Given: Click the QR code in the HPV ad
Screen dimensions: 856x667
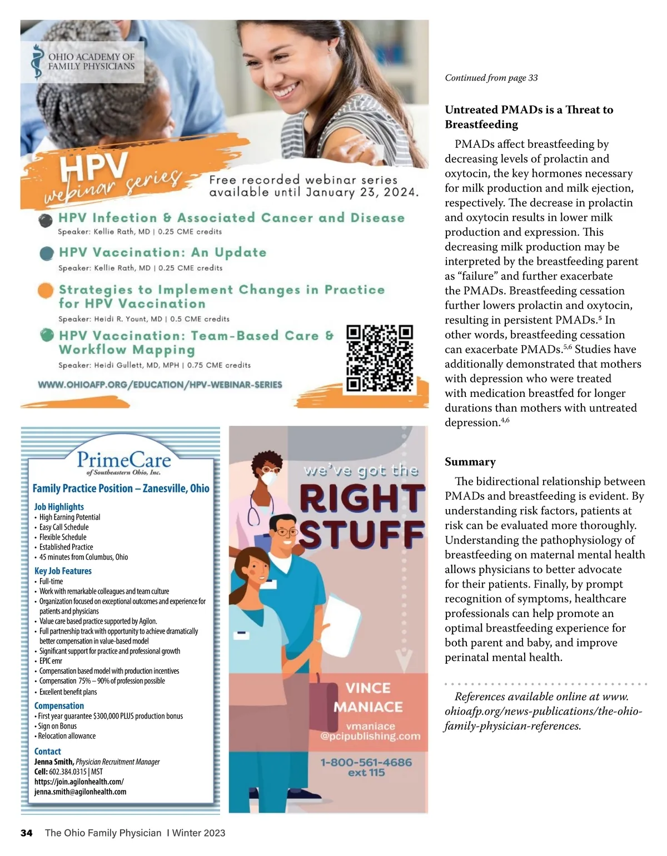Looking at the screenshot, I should (380, 359).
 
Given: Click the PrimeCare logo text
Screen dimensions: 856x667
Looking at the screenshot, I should (123, 461).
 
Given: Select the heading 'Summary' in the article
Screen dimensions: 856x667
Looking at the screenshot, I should (470, 462).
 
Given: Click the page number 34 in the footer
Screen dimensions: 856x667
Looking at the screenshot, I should (27, 833).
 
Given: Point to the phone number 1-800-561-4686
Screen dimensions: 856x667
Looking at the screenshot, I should (366, 762).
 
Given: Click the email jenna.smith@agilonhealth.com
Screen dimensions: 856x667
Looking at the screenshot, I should (80, 792).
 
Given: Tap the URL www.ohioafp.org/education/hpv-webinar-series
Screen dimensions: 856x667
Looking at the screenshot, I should (160, 385).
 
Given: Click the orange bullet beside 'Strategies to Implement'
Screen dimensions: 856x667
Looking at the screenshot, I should (46, 291).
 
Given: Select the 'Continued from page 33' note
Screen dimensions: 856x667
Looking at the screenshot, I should (491, 78).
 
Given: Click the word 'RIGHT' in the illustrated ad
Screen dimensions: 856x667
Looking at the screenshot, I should (362, 499).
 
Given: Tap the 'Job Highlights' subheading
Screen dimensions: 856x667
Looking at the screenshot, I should (59, 506).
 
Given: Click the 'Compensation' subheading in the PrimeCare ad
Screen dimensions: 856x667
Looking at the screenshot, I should (59, 705).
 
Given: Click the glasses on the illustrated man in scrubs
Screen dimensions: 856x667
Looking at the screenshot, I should (285, 532).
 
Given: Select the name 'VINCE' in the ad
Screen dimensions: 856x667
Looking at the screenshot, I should (368, 688).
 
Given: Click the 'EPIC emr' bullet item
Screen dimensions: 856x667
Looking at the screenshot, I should (51, 661).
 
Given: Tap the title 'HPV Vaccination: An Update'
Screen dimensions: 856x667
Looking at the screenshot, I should (162, 252).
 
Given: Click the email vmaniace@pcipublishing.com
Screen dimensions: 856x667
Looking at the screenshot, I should (370, 731).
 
